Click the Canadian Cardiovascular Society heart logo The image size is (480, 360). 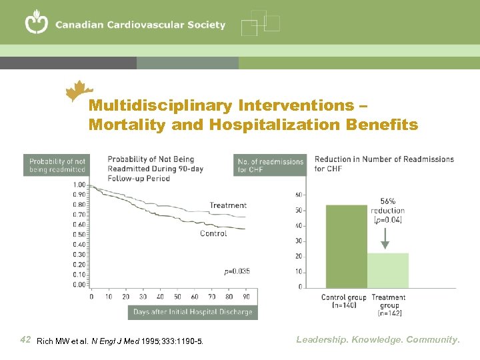tap(37, 23)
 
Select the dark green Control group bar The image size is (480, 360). tap(346, 246)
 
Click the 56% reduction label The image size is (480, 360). tap(387, 205)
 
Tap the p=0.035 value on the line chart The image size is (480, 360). tap(237, 271)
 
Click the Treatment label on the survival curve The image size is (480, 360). tap(228, 205)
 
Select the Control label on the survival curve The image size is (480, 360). tap(213, 233)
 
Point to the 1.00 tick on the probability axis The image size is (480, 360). tap(79, 185)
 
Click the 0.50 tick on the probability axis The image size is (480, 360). tap(79, 235)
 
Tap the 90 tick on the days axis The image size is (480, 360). tap(247, 297)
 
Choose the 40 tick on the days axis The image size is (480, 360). tap(160, 297)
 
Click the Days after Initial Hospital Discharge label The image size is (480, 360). tap(193, 312)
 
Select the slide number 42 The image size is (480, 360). tap(26, 340)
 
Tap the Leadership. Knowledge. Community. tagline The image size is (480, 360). tap(378, 340)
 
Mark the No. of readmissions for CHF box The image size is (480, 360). tap(271, 165)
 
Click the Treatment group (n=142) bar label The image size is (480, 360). tap(389, 305)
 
